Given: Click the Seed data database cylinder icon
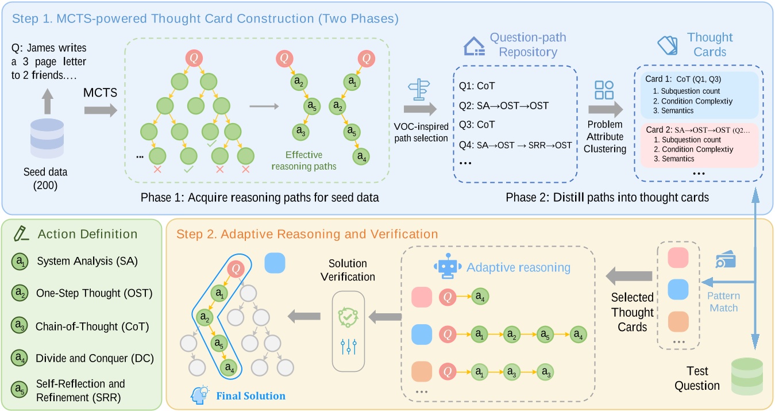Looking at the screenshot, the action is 47,138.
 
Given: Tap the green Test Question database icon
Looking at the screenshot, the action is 747,377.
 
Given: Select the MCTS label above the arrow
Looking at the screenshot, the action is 100,93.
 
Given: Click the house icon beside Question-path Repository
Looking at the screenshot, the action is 474,47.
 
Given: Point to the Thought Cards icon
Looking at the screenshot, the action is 668,45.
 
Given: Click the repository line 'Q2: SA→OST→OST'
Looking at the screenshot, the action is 504,106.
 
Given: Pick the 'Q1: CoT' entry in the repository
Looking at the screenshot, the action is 477,86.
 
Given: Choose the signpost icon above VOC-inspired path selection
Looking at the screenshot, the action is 419,90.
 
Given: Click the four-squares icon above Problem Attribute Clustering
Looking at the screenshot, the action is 604,90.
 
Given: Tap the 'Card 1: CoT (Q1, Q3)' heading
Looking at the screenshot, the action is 683,79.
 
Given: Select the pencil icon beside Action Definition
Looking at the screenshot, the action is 21,233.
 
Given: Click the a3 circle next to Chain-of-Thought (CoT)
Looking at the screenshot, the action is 20,326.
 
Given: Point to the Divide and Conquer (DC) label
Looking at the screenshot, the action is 95,358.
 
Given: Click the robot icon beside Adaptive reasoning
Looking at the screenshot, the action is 448,266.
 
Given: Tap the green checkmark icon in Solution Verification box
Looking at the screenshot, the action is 348,317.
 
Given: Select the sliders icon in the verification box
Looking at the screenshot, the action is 348,347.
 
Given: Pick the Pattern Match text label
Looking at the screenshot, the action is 723,302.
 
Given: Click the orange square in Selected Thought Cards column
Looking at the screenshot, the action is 678,321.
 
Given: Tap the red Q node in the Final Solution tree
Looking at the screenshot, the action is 236,268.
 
